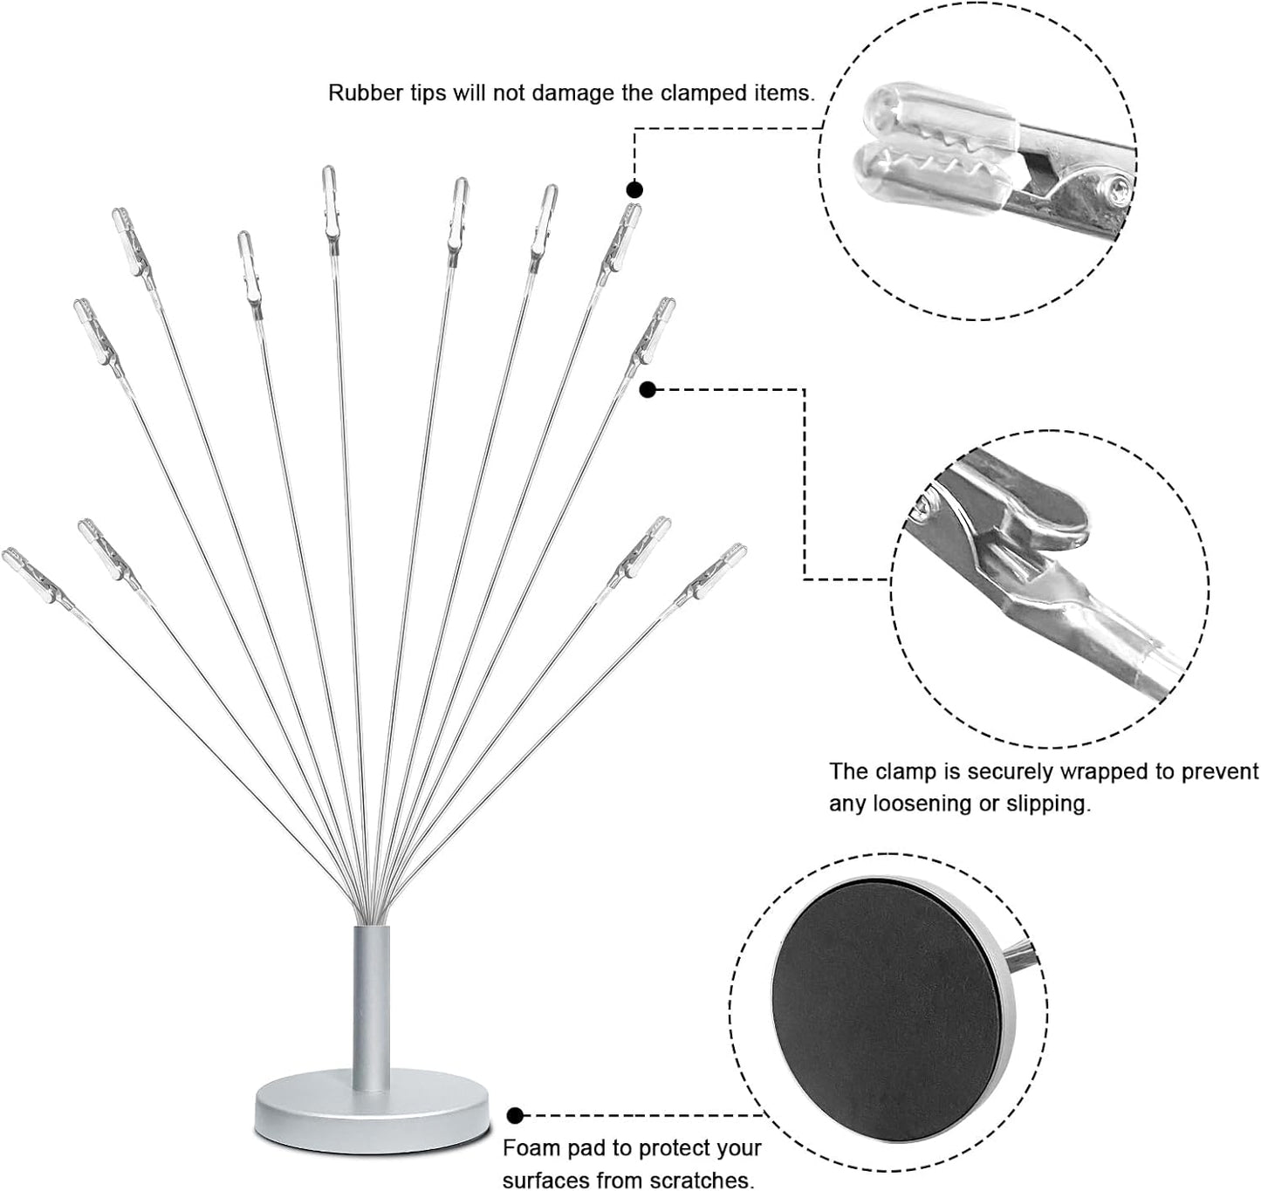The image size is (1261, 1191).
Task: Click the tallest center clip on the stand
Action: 330,202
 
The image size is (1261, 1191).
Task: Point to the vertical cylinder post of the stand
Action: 371,1003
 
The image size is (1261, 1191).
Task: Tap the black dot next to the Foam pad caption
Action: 516,1115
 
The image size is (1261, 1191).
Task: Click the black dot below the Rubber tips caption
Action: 634,189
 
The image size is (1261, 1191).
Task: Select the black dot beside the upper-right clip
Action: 647,390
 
